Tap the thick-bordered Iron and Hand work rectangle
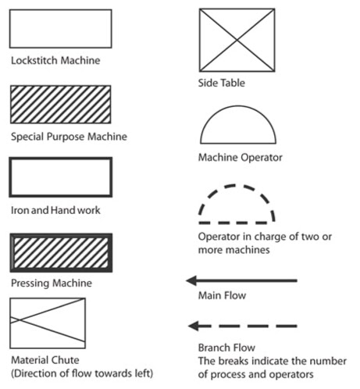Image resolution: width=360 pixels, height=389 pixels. pos(59,177)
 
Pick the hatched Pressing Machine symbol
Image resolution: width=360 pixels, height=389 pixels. pos(59,252)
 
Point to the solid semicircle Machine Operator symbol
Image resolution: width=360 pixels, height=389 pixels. pos(237,123)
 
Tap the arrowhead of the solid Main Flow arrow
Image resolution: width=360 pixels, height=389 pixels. pos(192,280)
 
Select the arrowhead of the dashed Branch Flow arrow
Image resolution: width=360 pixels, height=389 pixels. pos(194,326)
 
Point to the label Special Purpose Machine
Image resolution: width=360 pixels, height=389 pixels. pos(69,137)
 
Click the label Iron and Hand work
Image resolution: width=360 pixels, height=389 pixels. pos(55,210)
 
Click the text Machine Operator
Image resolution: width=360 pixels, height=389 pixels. pos(240,158)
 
